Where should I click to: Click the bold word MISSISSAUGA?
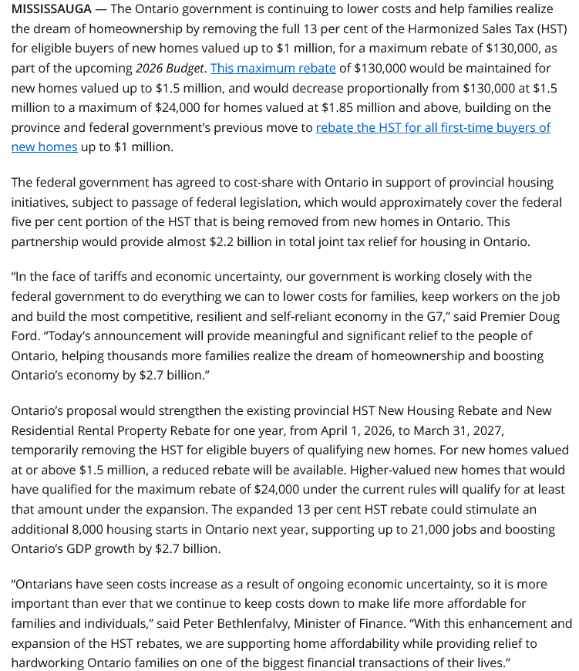click(x=55, y=9)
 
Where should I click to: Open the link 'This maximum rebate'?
click(x=273, y=68)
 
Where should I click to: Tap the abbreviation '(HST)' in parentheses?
click(x=550, y=29)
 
